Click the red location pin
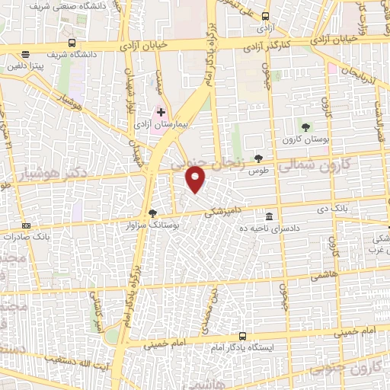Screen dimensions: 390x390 pos(196,179)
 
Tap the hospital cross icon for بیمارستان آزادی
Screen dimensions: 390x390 pos(161,112)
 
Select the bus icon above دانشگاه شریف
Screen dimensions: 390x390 pos(72,43)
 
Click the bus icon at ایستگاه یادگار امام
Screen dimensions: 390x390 pos(242,336)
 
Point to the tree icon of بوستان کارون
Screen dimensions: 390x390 pos(305,127)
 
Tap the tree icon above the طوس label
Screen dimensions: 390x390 pos(259,158)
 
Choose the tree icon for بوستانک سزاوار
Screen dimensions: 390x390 pos(152,214)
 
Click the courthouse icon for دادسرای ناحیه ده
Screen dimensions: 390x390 pos(269,216)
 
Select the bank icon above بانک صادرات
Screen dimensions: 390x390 pos(27,225)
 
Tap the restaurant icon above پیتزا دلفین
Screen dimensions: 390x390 pos(27,55)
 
